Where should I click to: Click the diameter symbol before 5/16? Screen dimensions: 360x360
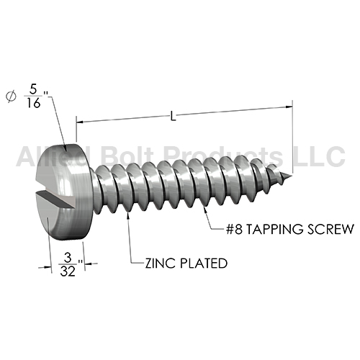[11, 96]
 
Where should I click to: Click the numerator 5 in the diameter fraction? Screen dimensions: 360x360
[33, 89]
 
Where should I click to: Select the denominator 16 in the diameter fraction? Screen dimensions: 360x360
[33, 103]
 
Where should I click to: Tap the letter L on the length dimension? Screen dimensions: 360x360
[173, 116]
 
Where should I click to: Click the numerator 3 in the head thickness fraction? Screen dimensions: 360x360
[68, 258]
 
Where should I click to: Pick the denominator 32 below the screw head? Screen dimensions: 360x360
[68, 271]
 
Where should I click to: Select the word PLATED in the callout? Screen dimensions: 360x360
[204, 264]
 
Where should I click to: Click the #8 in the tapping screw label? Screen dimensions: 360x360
[234, 229]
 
